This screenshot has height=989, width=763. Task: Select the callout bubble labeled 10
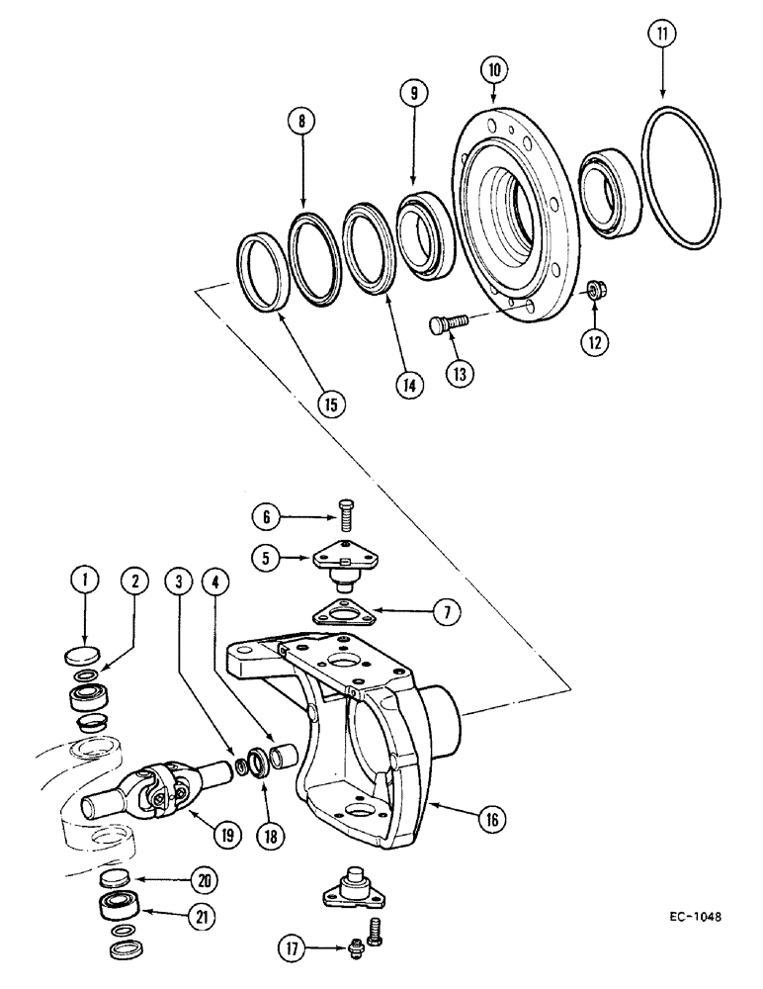494,71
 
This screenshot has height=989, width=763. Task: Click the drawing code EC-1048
690,916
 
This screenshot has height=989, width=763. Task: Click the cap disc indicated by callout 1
86,654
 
